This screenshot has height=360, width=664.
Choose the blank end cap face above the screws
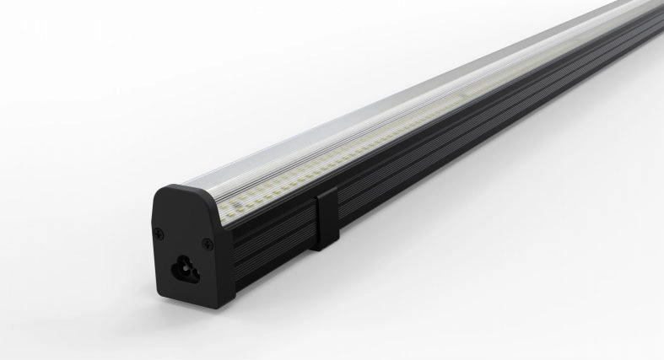click(186, 211)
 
